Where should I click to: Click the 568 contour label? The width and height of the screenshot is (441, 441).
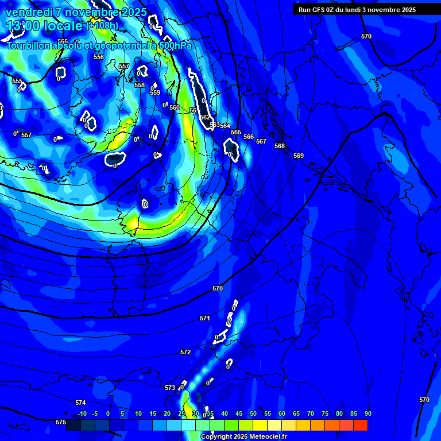point(280,146)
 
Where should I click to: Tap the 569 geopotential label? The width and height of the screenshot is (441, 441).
point(298,156)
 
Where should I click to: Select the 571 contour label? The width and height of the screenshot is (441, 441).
point(205,318)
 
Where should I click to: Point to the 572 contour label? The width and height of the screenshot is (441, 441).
point(185,352)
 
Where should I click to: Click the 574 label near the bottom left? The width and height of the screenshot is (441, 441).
point(80,403)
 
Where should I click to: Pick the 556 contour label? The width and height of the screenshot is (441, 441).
point(99,57)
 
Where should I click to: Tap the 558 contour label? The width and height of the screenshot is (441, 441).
point(140,85)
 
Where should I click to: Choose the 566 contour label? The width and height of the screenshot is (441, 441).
point(249,137)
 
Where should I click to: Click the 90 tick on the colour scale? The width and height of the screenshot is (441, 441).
point(367,413)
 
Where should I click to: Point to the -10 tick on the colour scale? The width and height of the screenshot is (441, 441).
point(82,413)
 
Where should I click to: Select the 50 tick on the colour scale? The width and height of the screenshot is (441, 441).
point(253,413)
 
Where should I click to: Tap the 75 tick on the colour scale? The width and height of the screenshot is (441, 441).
point(325,413)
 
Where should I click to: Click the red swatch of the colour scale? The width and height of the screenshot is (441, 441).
point(361,425)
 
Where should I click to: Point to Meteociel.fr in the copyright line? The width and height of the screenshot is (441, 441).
point(273,436)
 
